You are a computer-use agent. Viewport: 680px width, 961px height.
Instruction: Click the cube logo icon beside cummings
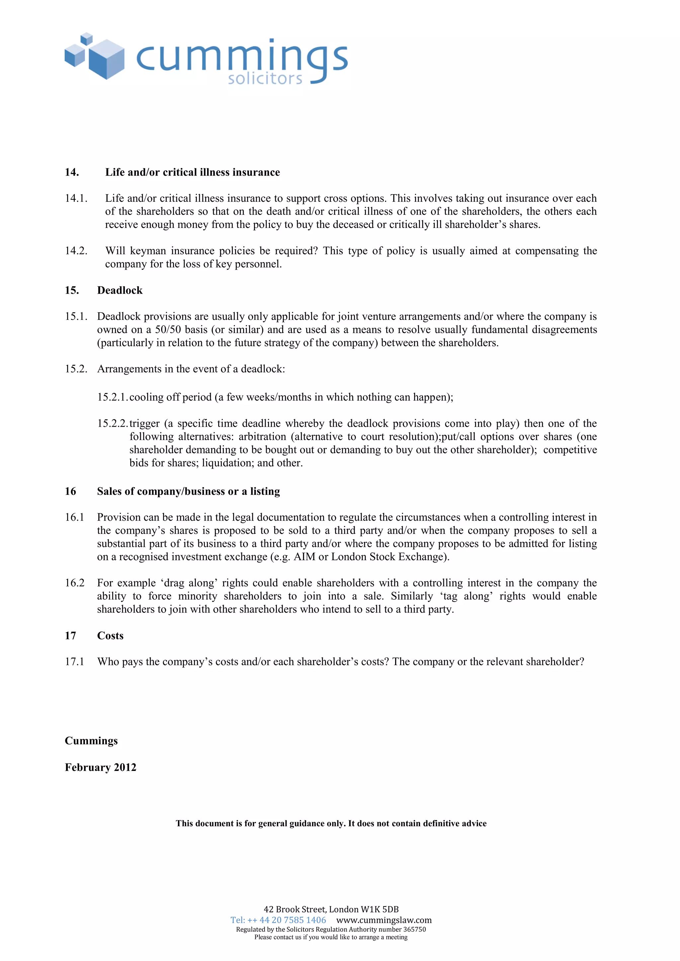pos(95,56)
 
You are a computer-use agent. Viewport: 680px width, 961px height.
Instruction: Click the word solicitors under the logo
pos(265,78)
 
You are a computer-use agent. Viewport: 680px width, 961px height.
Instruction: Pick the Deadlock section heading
pos(120,290)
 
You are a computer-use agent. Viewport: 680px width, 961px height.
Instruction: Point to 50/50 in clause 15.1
pos(168,330)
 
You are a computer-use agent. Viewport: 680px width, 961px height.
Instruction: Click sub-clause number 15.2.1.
pos(112,397)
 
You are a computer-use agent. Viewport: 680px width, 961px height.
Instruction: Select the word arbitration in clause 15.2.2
pos(263,437)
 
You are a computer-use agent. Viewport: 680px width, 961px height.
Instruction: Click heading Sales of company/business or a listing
pos(188,491)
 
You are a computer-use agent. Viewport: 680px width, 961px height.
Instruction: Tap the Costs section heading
pos(110,635)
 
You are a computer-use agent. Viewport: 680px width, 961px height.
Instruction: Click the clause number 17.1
pos(74,662)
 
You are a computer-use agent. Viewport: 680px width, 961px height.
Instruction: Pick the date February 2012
pos(101,767)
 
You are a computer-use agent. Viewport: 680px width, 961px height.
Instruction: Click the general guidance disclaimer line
pos(331,823)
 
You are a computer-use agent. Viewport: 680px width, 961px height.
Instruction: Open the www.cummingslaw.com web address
pos(383,920)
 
